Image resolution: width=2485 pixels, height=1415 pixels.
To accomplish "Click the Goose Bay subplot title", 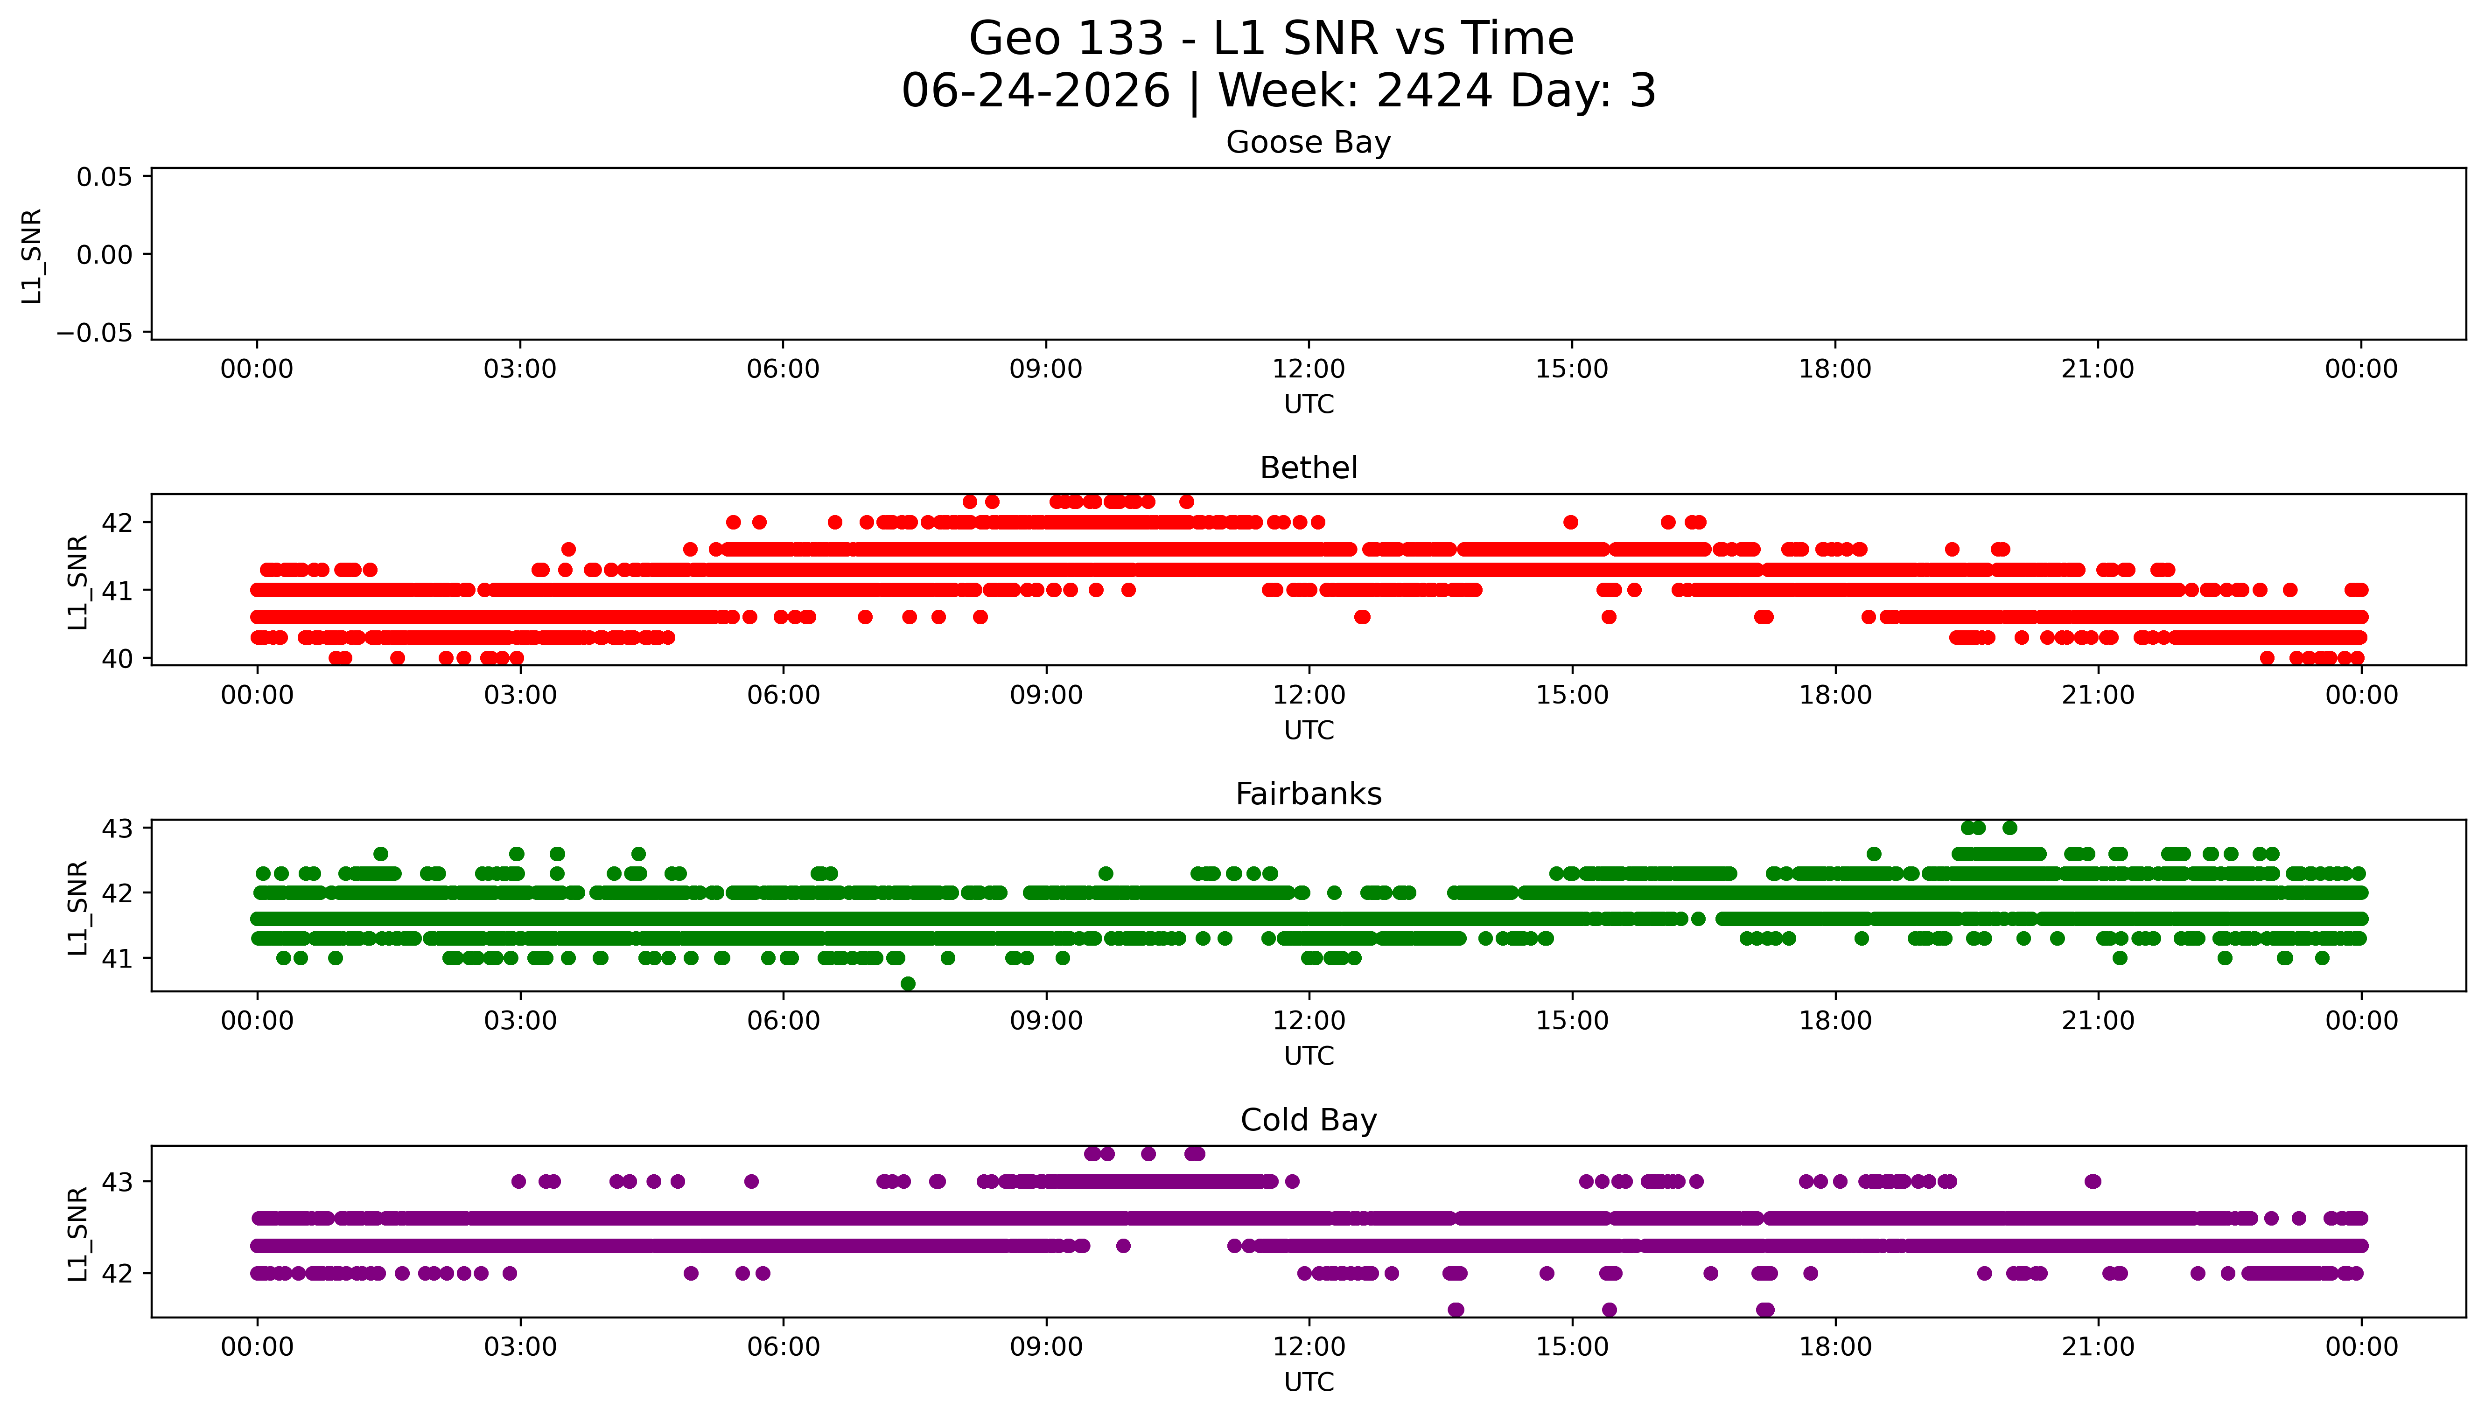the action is pyautogui.click(x=1308, y=143).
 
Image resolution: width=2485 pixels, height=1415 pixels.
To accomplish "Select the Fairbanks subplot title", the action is pyautogui.click(x=1308, y=794).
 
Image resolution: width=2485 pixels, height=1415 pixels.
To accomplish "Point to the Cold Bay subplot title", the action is pyautogui.click(x=1308, y=1121).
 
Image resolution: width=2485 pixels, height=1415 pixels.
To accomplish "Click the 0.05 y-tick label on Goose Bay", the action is pyautogui.click(x=104, y=177).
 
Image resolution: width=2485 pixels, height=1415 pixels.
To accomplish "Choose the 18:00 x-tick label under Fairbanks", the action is pyautogui.click(x=1835, y=1021).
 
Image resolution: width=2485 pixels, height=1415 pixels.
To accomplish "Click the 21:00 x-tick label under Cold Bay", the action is pyautogui.click(x=2098, y=1347).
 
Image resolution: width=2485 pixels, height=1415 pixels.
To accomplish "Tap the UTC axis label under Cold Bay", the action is pyautogui.click(x=1308, y=1382).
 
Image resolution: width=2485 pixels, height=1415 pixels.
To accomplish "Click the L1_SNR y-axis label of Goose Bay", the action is pyautogui.click(x=32, y=256).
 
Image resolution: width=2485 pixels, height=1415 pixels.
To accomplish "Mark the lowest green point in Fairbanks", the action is pyautogui.click(x=908, y=983).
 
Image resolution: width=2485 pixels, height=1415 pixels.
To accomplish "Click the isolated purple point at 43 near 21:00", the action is pyautogui.click(x=2093, y=1182).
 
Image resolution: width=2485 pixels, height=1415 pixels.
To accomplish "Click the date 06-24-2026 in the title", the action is pyautogui.click(x=1035, y=91).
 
